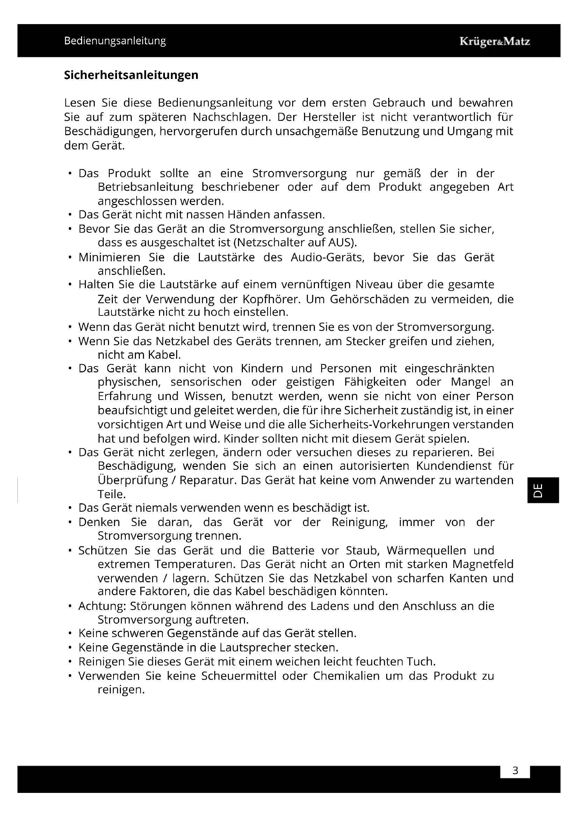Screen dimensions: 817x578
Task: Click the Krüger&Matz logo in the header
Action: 494,42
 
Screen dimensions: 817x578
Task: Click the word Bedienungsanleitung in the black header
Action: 115,41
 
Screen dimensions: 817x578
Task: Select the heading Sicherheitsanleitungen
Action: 131,75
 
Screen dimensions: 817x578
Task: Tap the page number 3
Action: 515,771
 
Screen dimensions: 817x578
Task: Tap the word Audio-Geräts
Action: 327,257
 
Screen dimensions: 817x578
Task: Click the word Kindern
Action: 262,368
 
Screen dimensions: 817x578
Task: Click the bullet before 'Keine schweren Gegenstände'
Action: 71,634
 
